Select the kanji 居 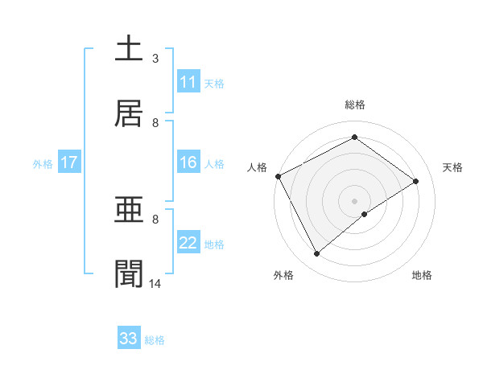click(x=129, y=113)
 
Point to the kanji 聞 click(x=129, y=274)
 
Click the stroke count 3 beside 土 click(x=155, y=59)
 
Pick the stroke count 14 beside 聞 click(x=155, y=284)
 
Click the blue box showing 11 click(x=188, y=82)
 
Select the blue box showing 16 click(x=188, y=163)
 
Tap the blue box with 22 click(x=188, y=244)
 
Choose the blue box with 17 click(x=68, y=163)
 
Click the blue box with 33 click(x=129, y=339)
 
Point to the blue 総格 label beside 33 click(x=155, y=340)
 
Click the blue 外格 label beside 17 click(x=43, y=164)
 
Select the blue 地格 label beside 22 click(x=214, y=244)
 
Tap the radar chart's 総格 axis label click(x=355, y=105)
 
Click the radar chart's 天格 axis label click(x=453, y=167)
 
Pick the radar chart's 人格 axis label click(x=257, y=167)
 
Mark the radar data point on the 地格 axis click(x=365, y=214)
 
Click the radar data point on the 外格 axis click(x=317, y=254)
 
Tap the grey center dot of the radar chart click(x=355, y=200)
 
